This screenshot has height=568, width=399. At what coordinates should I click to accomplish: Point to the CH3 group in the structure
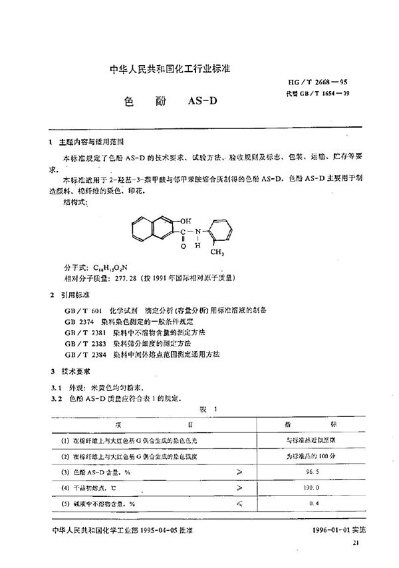click(217, 252)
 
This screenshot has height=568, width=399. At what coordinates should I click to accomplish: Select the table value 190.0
click(325, 488)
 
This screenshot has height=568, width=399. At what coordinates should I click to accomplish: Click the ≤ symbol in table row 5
click(239, 504)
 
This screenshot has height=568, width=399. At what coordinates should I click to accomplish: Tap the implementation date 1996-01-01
click(332, 533)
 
